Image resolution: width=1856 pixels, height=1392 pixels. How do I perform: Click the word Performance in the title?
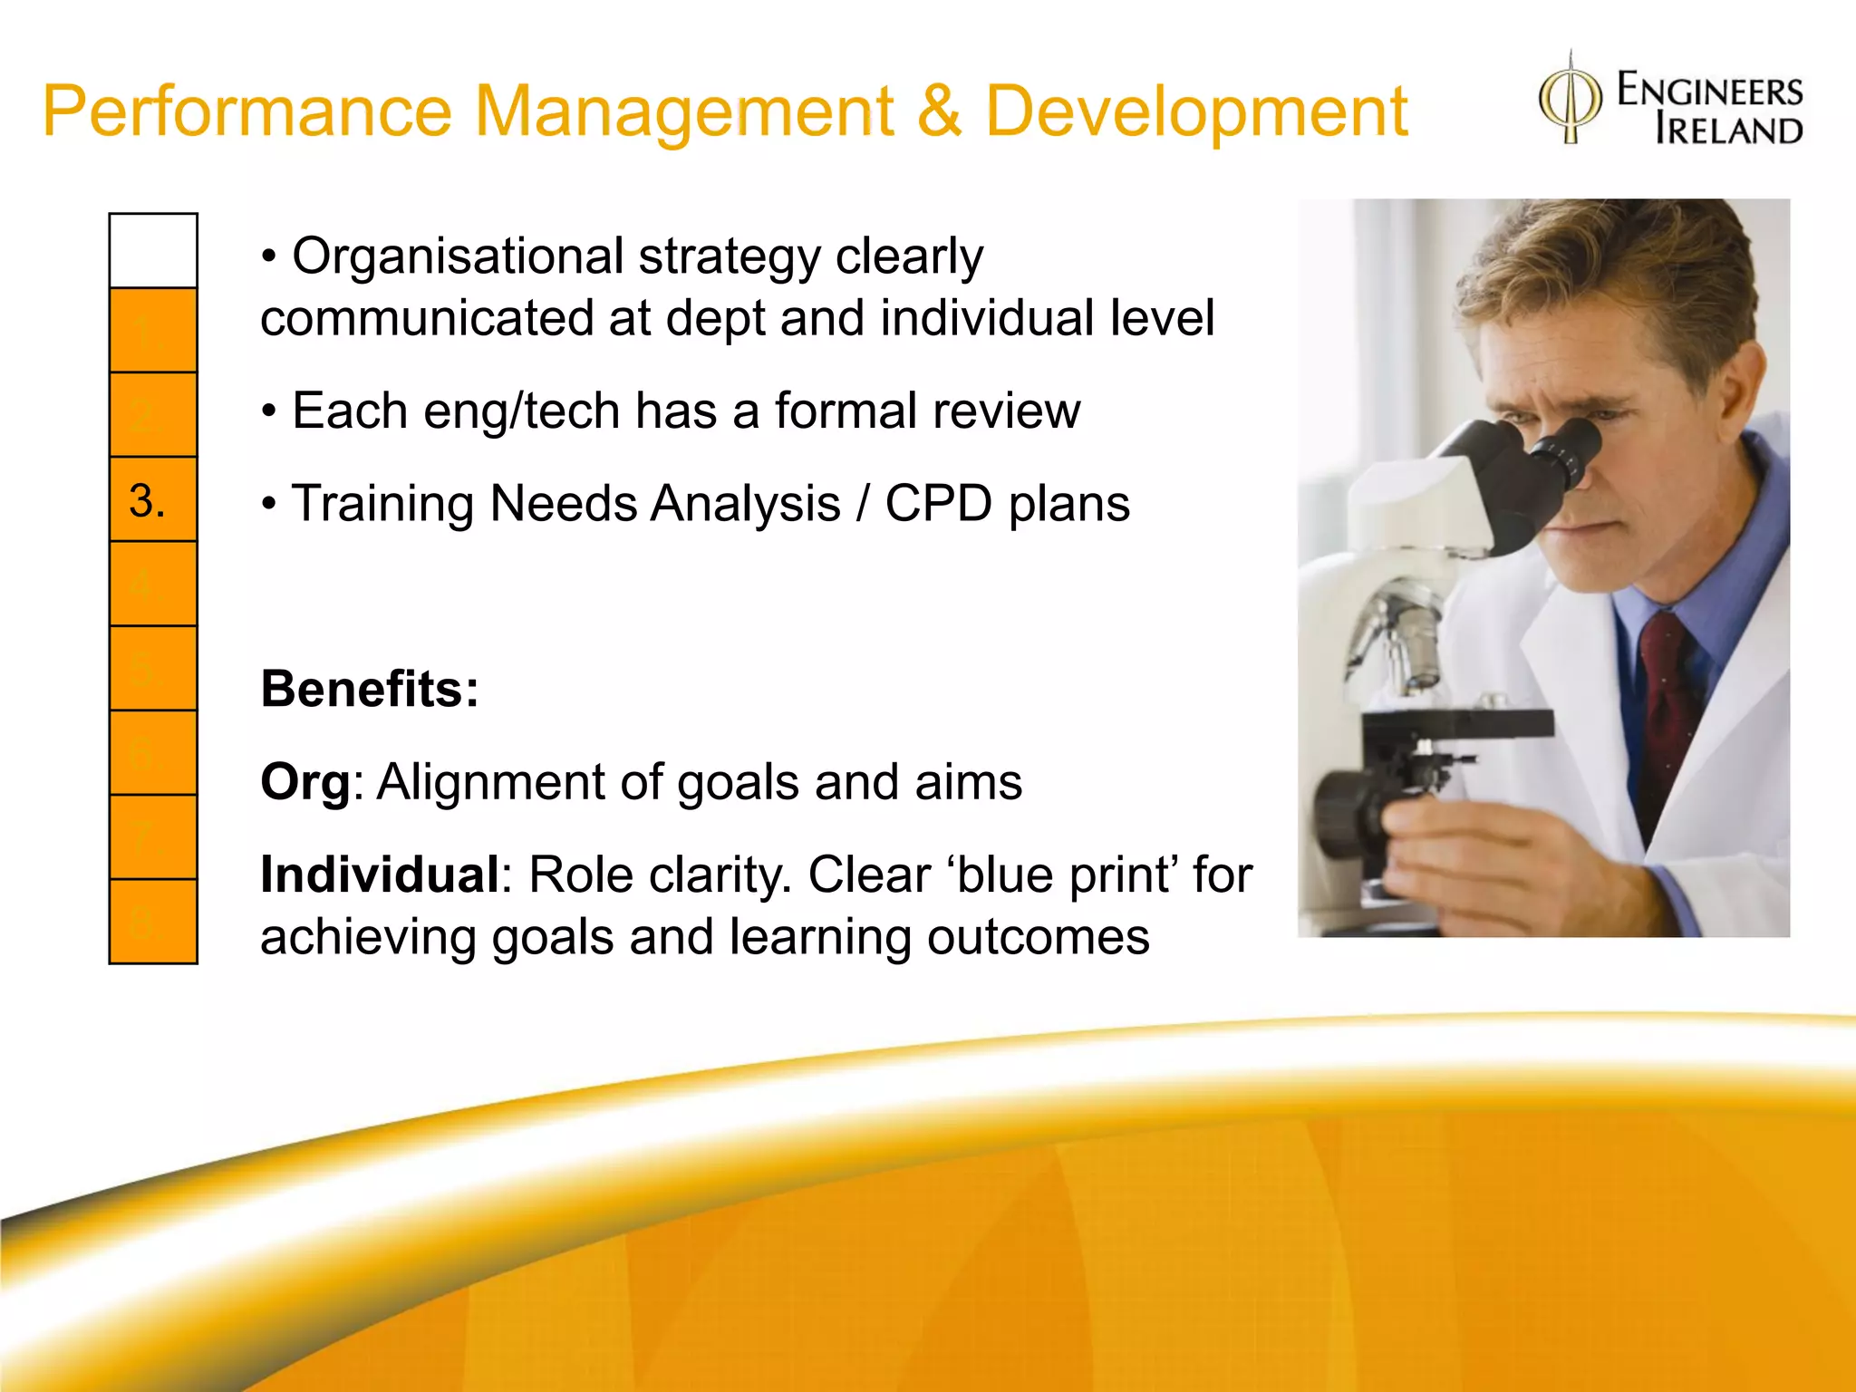click(x=246, y=112)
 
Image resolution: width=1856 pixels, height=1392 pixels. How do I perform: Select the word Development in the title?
click(x=1196, y=112)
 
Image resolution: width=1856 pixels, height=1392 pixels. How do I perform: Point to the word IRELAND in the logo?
click(x=1728, y=130)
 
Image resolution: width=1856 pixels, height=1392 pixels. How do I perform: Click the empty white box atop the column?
click(x=153, y=251)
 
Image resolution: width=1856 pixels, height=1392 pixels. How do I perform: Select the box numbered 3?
click(x=153, y=499)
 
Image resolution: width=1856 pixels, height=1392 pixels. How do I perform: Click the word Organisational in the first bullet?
click(x=459, y=256)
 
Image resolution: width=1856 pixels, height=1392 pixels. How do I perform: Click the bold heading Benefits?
click(x=370, y=689)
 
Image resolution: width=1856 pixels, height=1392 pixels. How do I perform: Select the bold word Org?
click(x=304, y=782)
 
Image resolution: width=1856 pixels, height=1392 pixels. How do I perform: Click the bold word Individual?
click(x=380, y=875)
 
